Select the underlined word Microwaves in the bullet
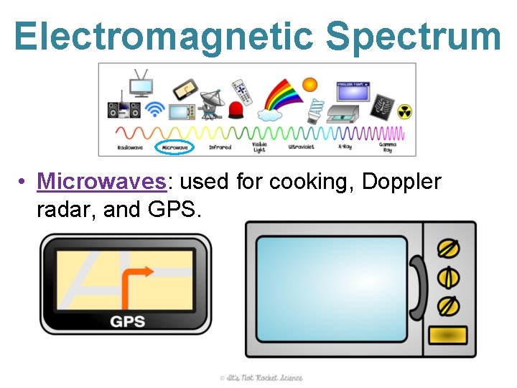pyautogui.click(x=102, y=182)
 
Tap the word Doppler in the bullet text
pyautogui.click(x=401, y=182)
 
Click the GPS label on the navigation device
pyautogui.click(x=127, y=321)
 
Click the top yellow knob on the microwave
pyautogui.click(x=448, y=248)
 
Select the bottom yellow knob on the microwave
pyautogui.click(x=448, y=305)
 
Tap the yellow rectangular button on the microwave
pyautogui.click(x=447, y=336)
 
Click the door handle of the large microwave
pyautogui.click(x=416, y=287)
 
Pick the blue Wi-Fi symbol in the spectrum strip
pyautogui.click(x=154, y=109)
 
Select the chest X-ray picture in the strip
pyautogui.click(x=382, y=107)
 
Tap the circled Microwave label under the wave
pyautogui.click(x=175, y=147)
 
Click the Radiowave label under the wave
pyautogui.click(x=130, y=147)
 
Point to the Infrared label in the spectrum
pyautogui.click(x=220, y=147)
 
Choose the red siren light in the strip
pyautogui.click(x=236, y=111)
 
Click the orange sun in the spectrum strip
pyautogui.click(x=309, y=85)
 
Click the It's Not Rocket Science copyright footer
pyautogui.click(x=261, y=378)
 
